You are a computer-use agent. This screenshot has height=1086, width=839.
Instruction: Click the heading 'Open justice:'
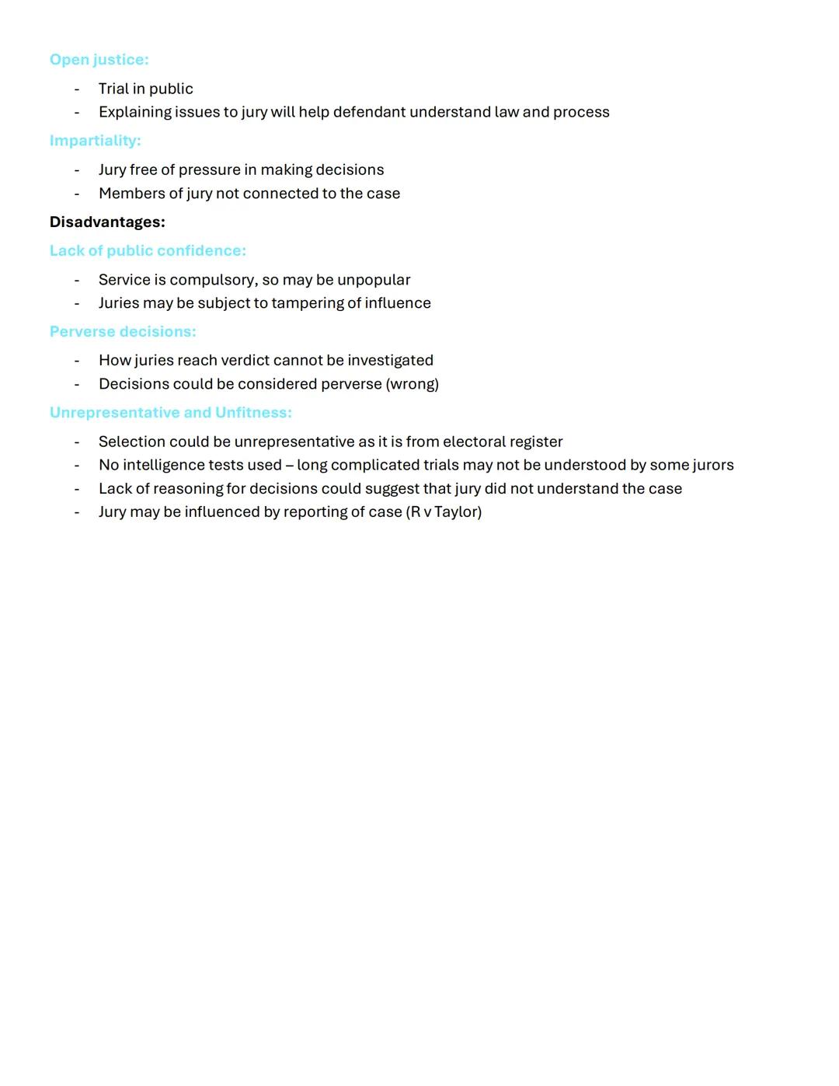click(99, 60)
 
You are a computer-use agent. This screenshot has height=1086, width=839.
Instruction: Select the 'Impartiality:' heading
click(95, 141)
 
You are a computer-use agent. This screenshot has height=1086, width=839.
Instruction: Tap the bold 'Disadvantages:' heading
click(107, 222)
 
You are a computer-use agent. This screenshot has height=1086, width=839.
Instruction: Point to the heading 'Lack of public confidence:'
click(148, 251)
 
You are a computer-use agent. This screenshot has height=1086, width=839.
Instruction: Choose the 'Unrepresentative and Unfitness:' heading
click(170, 413)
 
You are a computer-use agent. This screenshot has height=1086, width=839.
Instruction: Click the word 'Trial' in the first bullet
click(113, 89)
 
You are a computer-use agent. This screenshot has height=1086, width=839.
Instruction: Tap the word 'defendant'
click(369, 112)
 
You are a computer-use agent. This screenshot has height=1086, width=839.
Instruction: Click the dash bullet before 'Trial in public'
click(77, 89)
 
